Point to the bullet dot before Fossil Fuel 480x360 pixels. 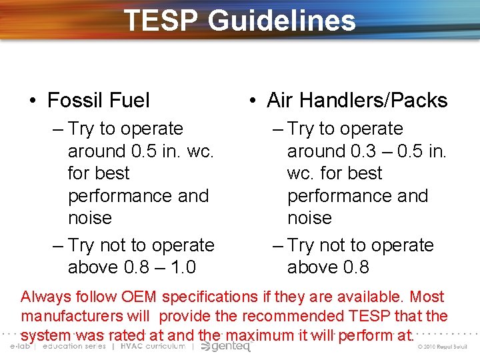coord(33,101)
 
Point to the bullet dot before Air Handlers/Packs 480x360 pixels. coord(252,101)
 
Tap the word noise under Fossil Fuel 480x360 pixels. coord(90,218)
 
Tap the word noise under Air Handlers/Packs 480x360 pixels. coord(309,218)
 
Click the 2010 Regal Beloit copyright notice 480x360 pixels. coord(445,347)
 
